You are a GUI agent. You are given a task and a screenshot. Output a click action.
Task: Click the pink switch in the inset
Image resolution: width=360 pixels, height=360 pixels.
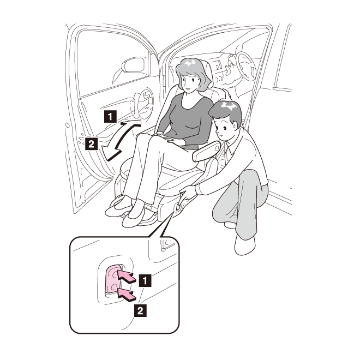click(113, 279)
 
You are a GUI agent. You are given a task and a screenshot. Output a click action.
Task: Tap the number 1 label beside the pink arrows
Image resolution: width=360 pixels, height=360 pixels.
click(145, 280)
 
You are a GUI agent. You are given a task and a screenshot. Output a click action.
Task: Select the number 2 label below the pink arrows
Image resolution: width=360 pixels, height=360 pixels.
click(140, 311)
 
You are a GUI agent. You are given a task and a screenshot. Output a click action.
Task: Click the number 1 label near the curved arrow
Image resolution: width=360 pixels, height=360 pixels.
click(110, 116)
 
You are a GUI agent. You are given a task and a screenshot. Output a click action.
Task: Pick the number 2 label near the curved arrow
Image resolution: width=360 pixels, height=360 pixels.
click(92, 143)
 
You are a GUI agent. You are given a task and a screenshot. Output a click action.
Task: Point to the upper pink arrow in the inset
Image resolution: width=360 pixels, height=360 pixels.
click(127, 277)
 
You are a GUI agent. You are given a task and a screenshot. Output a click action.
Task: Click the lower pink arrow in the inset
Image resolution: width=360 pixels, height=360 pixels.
click(127, 295)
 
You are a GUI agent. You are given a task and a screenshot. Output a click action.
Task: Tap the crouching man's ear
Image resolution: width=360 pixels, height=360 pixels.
click(235, 125)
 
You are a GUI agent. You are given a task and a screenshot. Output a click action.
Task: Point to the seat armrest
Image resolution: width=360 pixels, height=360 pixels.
click(207, 151)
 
